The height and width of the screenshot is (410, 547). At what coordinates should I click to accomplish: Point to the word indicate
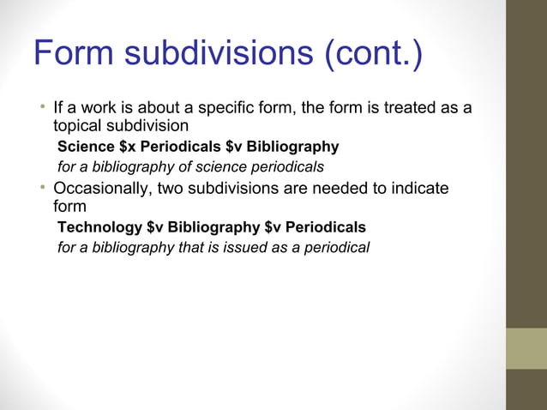(x=418, y=189)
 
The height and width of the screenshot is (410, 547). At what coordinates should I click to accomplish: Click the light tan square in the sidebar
(x=526, y=348)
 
